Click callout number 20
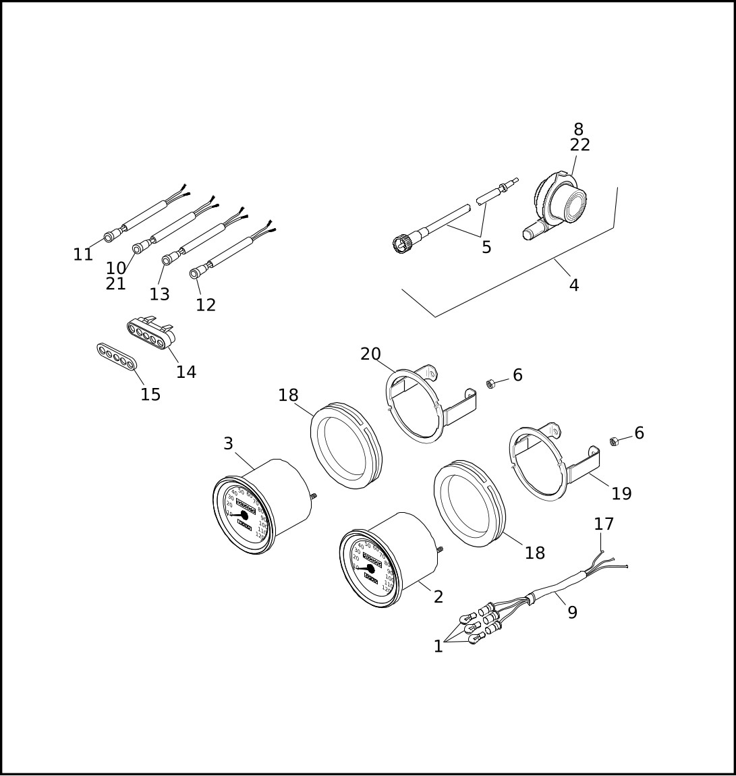click(x=370, y=354)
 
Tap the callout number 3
click(x=228, y=444)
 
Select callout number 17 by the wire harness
click(x=604, y=524)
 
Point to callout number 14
click(x=186, y=372)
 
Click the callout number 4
click(x=573, y=285)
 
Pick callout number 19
click(x=621, y=494)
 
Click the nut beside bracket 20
click(x=491, y=384)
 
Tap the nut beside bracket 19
click(x=615, y=441)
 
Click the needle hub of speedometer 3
click(x=244, y=516)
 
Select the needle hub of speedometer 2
click(x=370, y=569)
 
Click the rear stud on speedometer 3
click(x=314, y=497)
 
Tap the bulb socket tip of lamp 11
click(x=108, y=238)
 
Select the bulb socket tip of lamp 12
click(x=194, y=273)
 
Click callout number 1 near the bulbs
click(x=438, y=646)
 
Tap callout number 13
click(x=160, y=294)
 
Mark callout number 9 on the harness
click(x=572, y=613)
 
